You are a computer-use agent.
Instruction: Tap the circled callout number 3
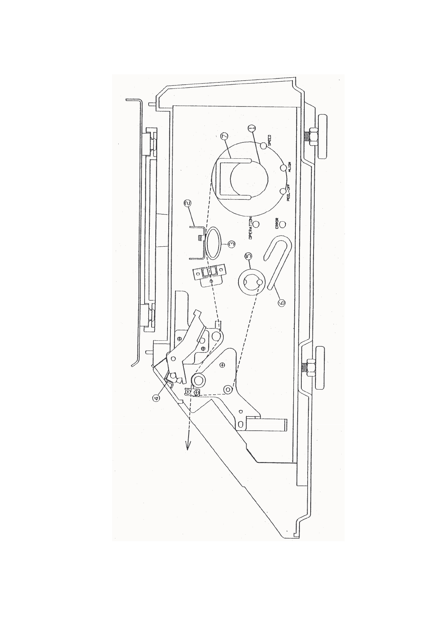point(231,244)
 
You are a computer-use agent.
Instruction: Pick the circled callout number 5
point(248,256)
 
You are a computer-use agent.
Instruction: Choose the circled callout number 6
point(281,303)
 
